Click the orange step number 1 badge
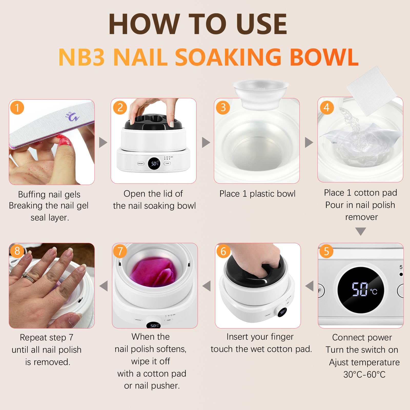[17, 108]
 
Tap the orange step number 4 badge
[327, 107]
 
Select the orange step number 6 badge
[223, 251]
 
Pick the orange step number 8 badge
[17, 251]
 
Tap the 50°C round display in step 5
[361, 290]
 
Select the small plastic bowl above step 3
[261, 94]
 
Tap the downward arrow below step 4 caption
[361, 231]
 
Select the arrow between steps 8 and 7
[104, 286]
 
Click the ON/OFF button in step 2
[141, 163]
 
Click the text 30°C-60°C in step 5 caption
[364, 374]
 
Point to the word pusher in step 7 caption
[167, 386]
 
